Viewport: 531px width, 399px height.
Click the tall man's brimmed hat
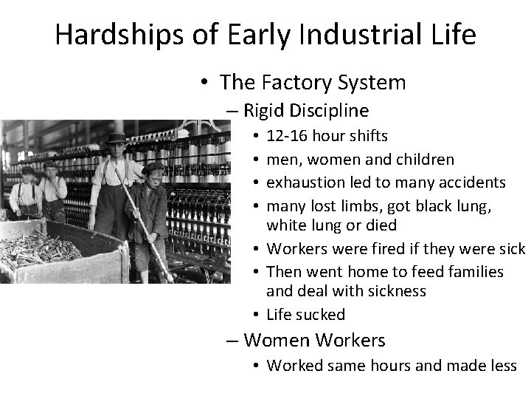(117, 137)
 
